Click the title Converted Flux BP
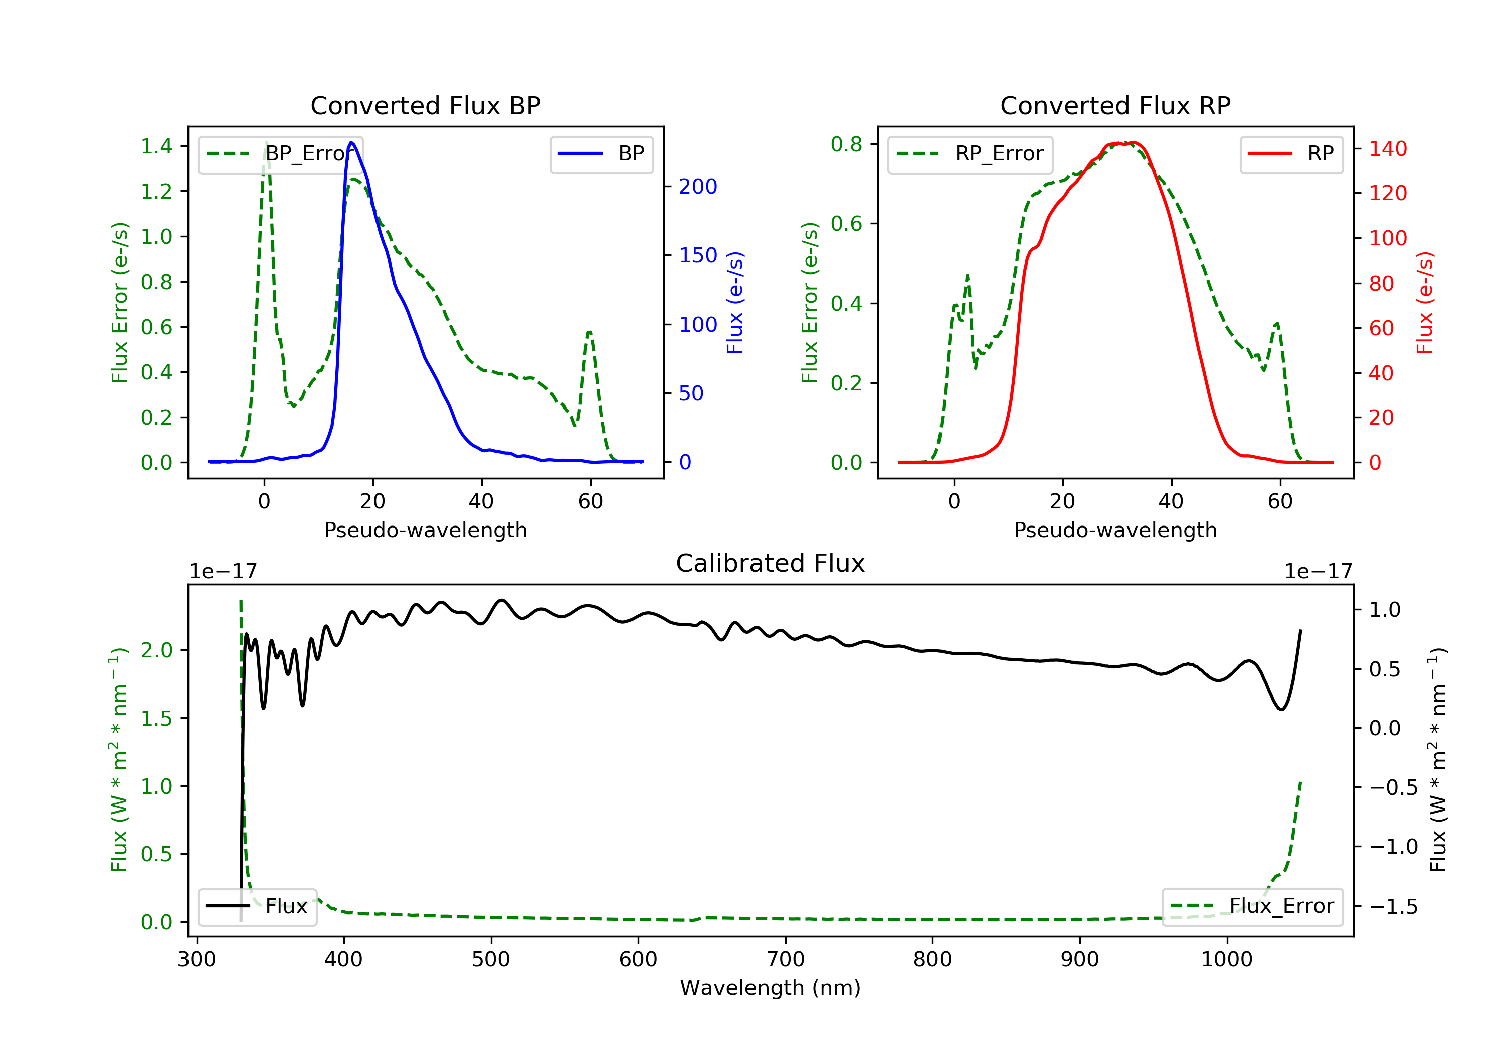(x=425, y=105)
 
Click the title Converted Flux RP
(x=1115, y=105)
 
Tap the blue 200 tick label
(x=698, y=187)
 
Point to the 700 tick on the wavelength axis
(x=786, y=960)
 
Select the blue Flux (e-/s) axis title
(x=735, y=303)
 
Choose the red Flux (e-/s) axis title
(x=1425, y=303)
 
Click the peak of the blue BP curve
(x=352, y=142)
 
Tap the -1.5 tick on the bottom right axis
(x=1392, y=907)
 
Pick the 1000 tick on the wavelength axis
(x=1226, y=960)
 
